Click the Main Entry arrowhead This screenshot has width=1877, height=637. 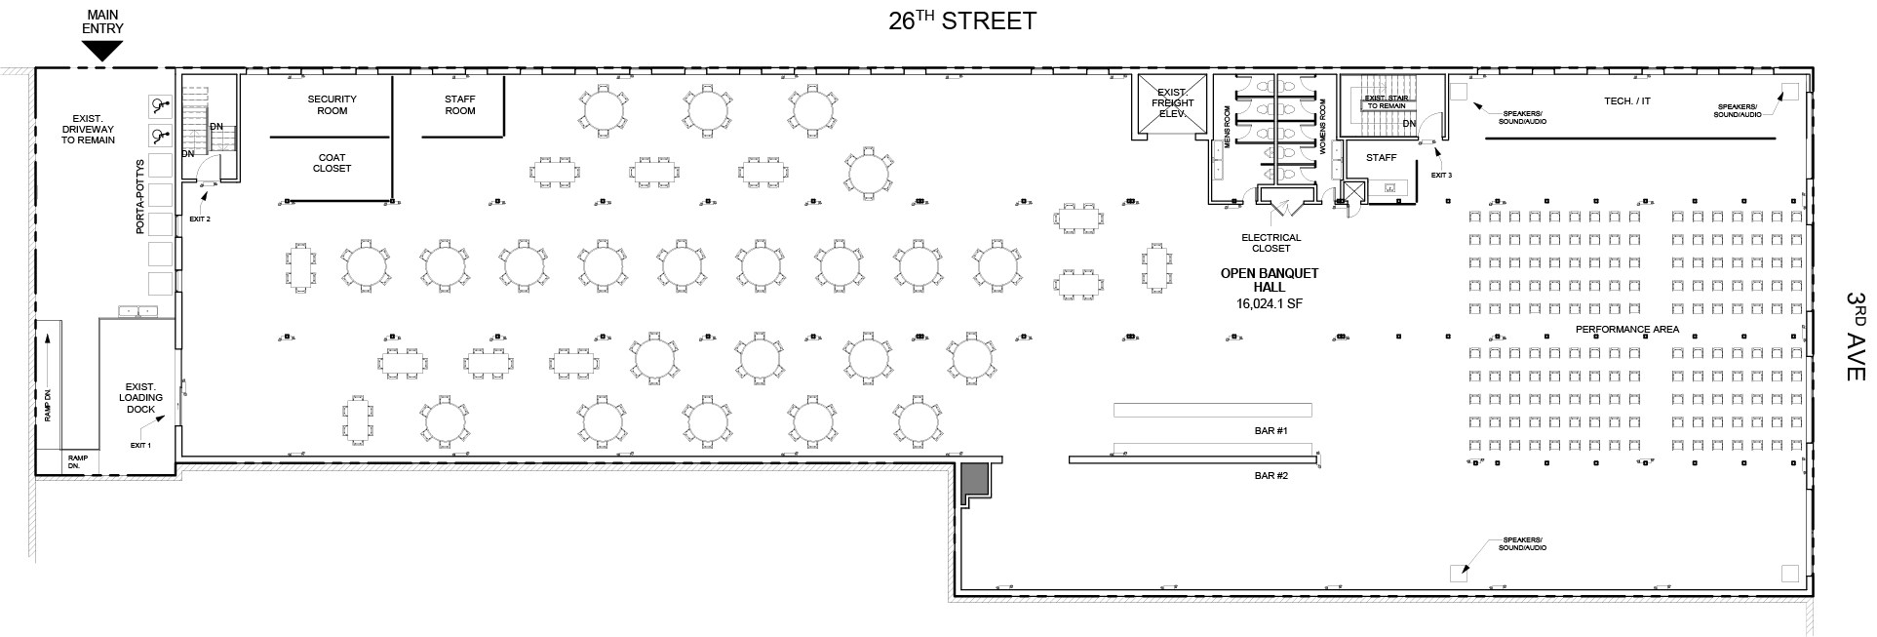click(103, 53)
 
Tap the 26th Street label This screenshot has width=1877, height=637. click(961, 20)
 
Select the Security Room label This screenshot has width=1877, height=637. click(332, 104)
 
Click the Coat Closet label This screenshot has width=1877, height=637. click(332, 163)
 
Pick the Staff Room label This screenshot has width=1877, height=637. click(460, 104)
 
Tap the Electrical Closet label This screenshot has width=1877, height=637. click(1271, 243)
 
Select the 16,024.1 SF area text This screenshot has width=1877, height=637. click(1270, 303)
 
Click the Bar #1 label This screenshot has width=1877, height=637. click(1271, 431)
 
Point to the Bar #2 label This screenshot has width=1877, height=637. click(1271, 476)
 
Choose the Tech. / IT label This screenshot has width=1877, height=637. click(1627, 101)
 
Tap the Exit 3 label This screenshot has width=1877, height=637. click(1441, 176)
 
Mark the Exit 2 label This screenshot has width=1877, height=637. click(200, 219)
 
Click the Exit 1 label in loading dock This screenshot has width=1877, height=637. click(141, 445)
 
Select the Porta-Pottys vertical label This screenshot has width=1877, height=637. click(140, 197)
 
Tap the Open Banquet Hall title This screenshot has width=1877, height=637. click(1270, 280)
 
